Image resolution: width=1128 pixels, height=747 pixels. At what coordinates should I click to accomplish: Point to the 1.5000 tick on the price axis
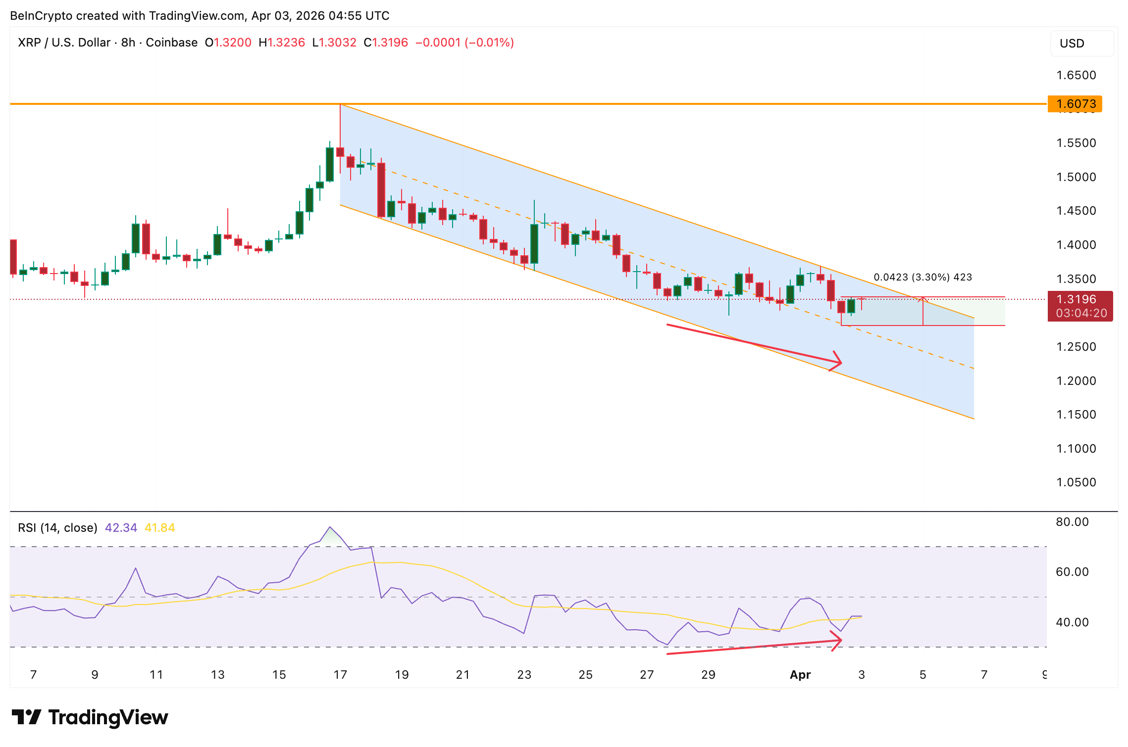pos(1076,177)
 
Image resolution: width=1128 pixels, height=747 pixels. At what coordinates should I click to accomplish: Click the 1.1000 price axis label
pos(1076,449)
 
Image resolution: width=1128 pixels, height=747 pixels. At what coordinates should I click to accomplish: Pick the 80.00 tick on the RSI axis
pos(1072,522)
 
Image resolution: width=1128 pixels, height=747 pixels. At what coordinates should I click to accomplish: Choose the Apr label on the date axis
pos(800,675)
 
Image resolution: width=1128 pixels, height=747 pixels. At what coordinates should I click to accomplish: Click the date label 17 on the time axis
pos(340,675)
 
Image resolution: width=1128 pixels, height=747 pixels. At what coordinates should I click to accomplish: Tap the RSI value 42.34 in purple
pos(121,528)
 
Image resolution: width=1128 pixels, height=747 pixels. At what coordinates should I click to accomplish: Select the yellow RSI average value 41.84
pos(159,528)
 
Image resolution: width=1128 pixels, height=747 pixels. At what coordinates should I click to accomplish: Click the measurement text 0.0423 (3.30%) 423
pos(923,277)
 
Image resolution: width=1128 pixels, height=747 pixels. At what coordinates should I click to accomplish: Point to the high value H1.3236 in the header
pos(282,43)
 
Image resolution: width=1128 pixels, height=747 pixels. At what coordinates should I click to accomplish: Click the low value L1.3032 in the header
pos(334,43)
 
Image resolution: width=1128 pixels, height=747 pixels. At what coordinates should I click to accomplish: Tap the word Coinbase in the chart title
pos(171,43)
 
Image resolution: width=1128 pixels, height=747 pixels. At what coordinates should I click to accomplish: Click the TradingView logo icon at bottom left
pos(26,717)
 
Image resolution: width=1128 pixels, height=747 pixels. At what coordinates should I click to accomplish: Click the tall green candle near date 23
pos(534,243)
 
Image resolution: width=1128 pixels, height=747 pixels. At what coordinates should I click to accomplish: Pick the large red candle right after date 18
pos(381,190)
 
